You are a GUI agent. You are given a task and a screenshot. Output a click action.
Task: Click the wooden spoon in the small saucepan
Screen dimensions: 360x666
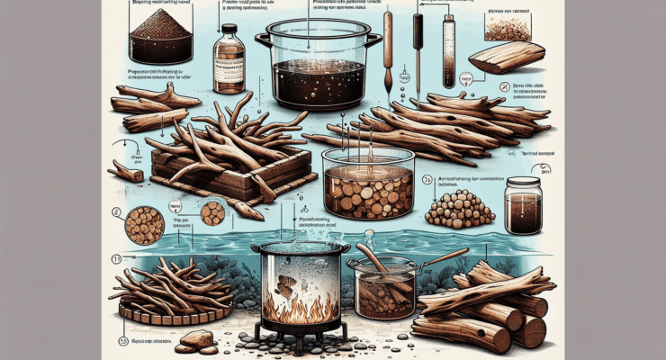[x=373, y=265]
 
